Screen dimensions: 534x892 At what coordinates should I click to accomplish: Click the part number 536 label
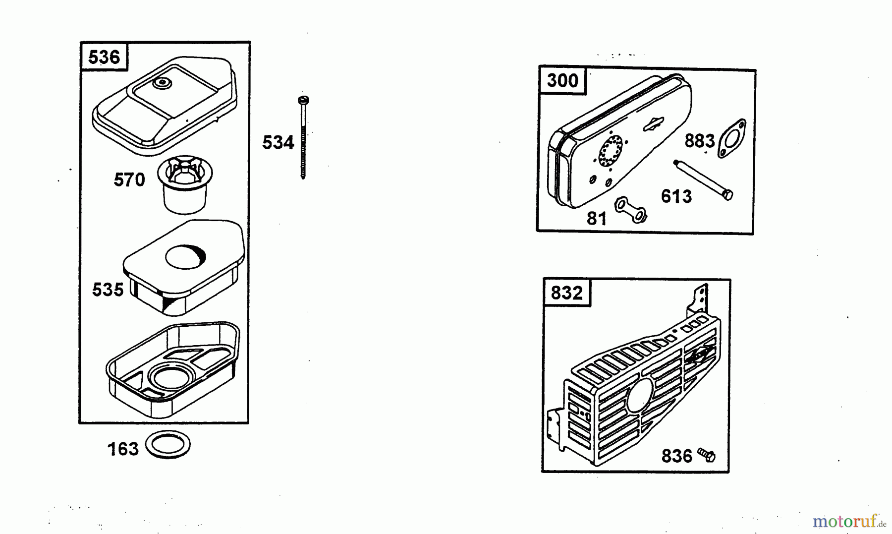click(104, 57)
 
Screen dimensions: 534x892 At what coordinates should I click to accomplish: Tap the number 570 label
click(129, 179)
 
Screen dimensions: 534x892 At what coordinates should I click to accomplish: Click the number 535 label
click(108, 290)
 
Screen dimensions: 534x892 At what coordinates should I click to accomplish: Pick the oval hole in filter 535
click(185, 257)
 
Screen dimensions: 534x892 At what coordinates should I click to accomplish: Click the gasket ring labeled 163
click(168, 444)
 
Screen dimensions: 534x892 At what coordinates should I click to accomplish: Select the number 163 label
click(123, 449)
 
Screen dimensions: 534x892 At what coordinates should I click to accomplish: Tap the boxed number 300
click(562, 80)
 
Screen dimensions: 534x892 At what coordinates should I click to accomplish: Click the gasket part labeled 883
click(731, 139)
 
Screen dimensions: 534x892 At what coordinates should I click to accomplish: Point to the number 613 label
click(676, 197)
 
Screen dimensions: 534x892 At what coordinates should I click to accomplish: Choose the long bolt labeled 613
click(703, 179)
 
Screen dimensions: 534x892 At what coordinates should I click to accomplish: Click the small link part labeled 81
click(631, 210)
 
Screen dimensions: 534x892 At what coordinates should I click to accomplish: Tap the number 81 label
click(597, 219)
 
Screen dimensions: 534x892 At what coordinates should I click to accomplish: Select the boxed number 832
click(567, 293)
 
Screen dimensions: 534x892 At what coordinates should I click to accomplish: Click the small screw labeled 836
click(707, 454)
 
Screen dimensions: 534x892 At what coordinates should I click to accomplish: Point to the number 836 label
click(676, 456)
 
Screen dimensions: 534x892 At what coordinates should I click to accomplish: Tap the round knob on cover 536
click(161, 83)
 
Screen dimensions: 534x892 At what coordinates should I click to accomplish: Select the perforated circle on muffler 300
click(611, 150)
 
